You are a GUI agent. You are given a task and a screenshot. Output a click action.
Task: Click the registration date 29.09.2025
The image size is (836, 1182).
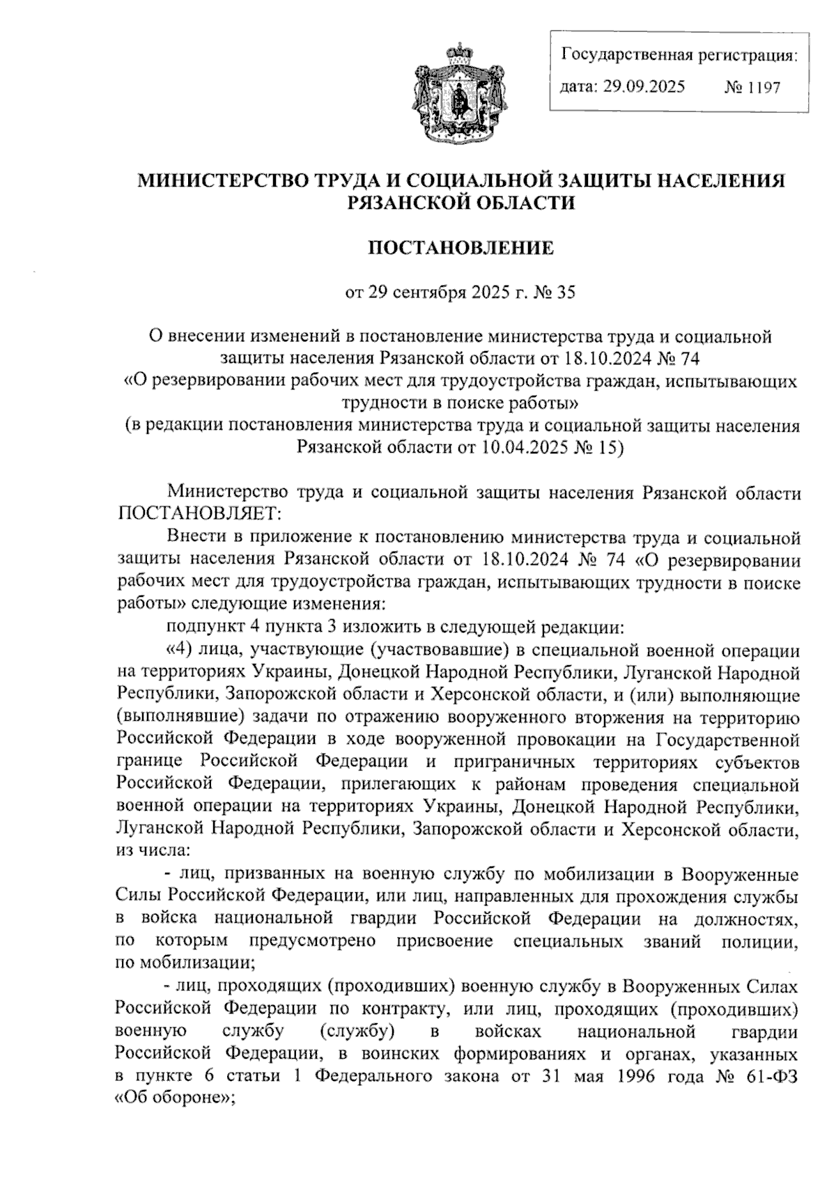point(646,87)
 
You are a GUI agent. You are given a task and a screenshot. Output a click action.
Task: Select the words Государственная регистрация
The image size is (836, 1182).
point(679,54)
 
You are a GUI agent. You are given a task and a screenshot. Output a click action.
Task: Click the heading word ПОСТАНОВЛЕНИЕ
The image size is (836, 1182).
point(460,248)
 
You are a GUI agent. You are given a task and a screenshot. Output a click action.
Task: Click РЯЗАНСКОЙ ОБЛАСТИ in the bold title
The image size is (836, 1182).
point(460,203)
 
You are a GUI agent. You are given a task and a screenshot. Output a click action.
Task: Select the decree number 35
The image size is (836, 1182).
point(566,293)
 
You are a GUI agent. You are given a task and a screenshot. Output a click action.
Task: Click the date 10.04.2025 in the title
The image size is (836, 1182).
point(525,446)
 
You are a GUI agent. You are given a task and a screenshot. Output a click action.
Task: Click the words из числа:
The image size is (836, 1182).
point(153,850)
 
